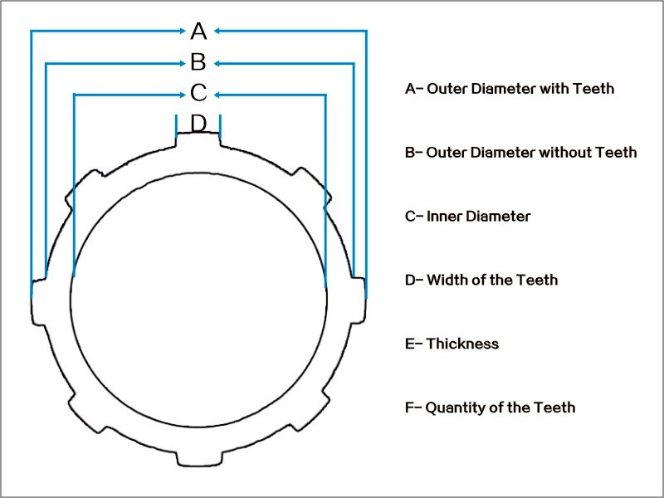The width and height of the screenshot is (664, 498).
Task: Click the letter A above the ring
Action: coord(198,32)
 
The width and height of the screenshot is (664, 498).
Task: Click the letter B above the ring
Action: coord(198,62)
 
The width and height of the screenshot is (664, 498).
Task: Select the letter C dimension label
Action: coord(198,93)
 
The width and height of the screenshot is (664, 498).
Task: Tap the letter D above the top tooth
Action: coord(198,123)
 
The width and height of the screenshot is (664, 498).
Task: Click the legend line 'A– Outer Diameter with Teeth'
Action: coord(510,88)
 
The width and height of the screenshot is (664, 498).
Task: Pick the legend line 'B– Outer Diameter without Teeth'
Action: coord(520,152)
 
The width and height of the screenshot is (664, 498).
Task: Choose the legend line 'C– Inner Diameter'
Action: coord(467,216)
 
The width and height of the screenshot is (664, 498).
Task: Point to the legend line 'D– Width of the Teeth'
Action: coord(481,280)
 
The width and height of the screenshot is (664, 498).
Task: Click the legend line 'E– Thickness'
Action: coord(452,344)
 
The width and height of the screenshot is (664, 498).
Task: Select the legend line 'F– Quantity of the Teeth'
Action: coord(490,408)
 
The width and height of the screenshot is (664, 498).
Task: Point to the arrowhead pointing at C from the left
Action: coord(184,94)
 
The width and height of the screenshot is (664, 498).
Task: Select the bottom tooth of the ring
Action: coord(198,457)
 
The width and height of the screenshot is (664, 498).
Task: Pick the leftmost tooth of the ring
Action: coord(37,300)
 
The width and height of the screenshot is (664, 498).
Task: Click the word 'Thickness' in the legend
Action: coord(462,344)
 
